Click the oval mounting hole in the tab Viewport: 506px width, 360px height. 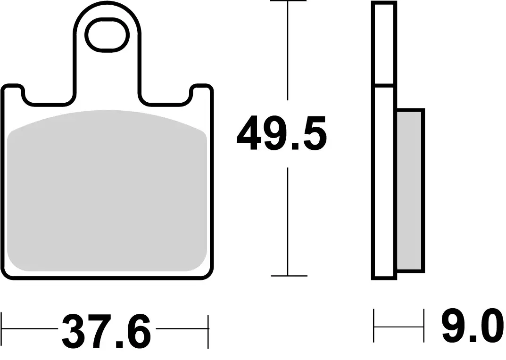pos(107,34)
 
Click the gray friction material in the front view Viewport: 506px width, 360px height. pos(108,193)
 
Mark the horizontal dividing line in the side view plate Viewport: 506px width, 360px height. pos(384,86)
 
